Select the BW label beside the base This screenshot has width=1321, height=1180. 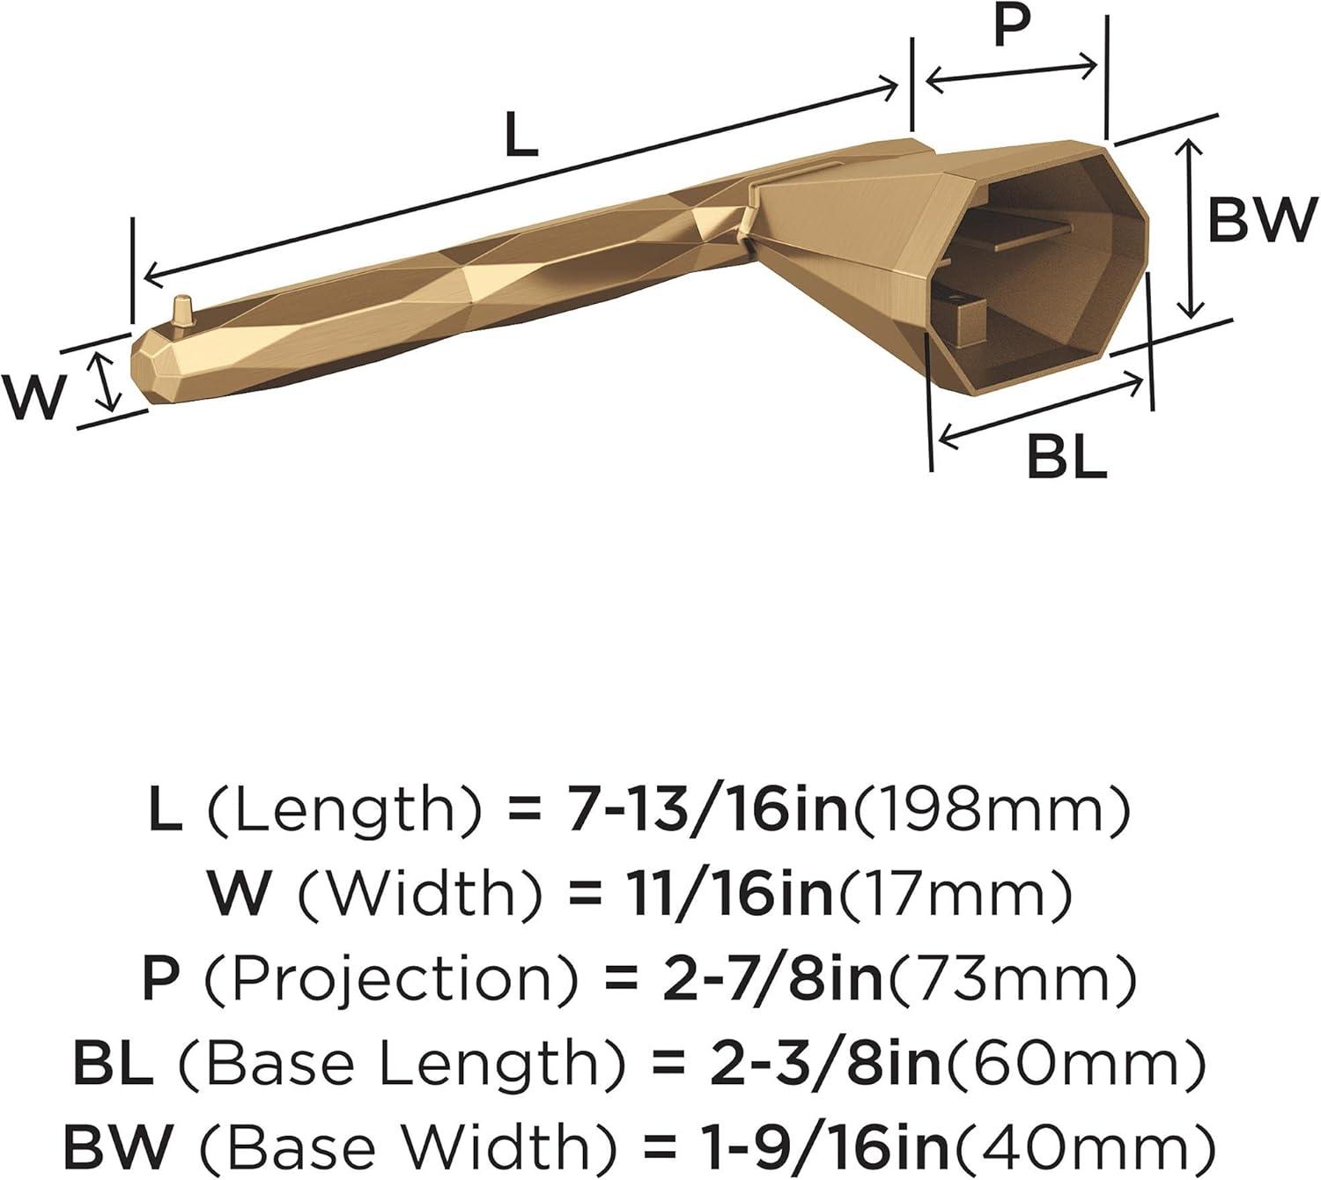tap(1258, 220)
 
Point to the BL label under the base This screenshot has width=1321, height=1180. tap(1066, 458)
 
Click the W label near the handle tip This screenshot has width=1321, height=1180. tap(33, 397)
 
